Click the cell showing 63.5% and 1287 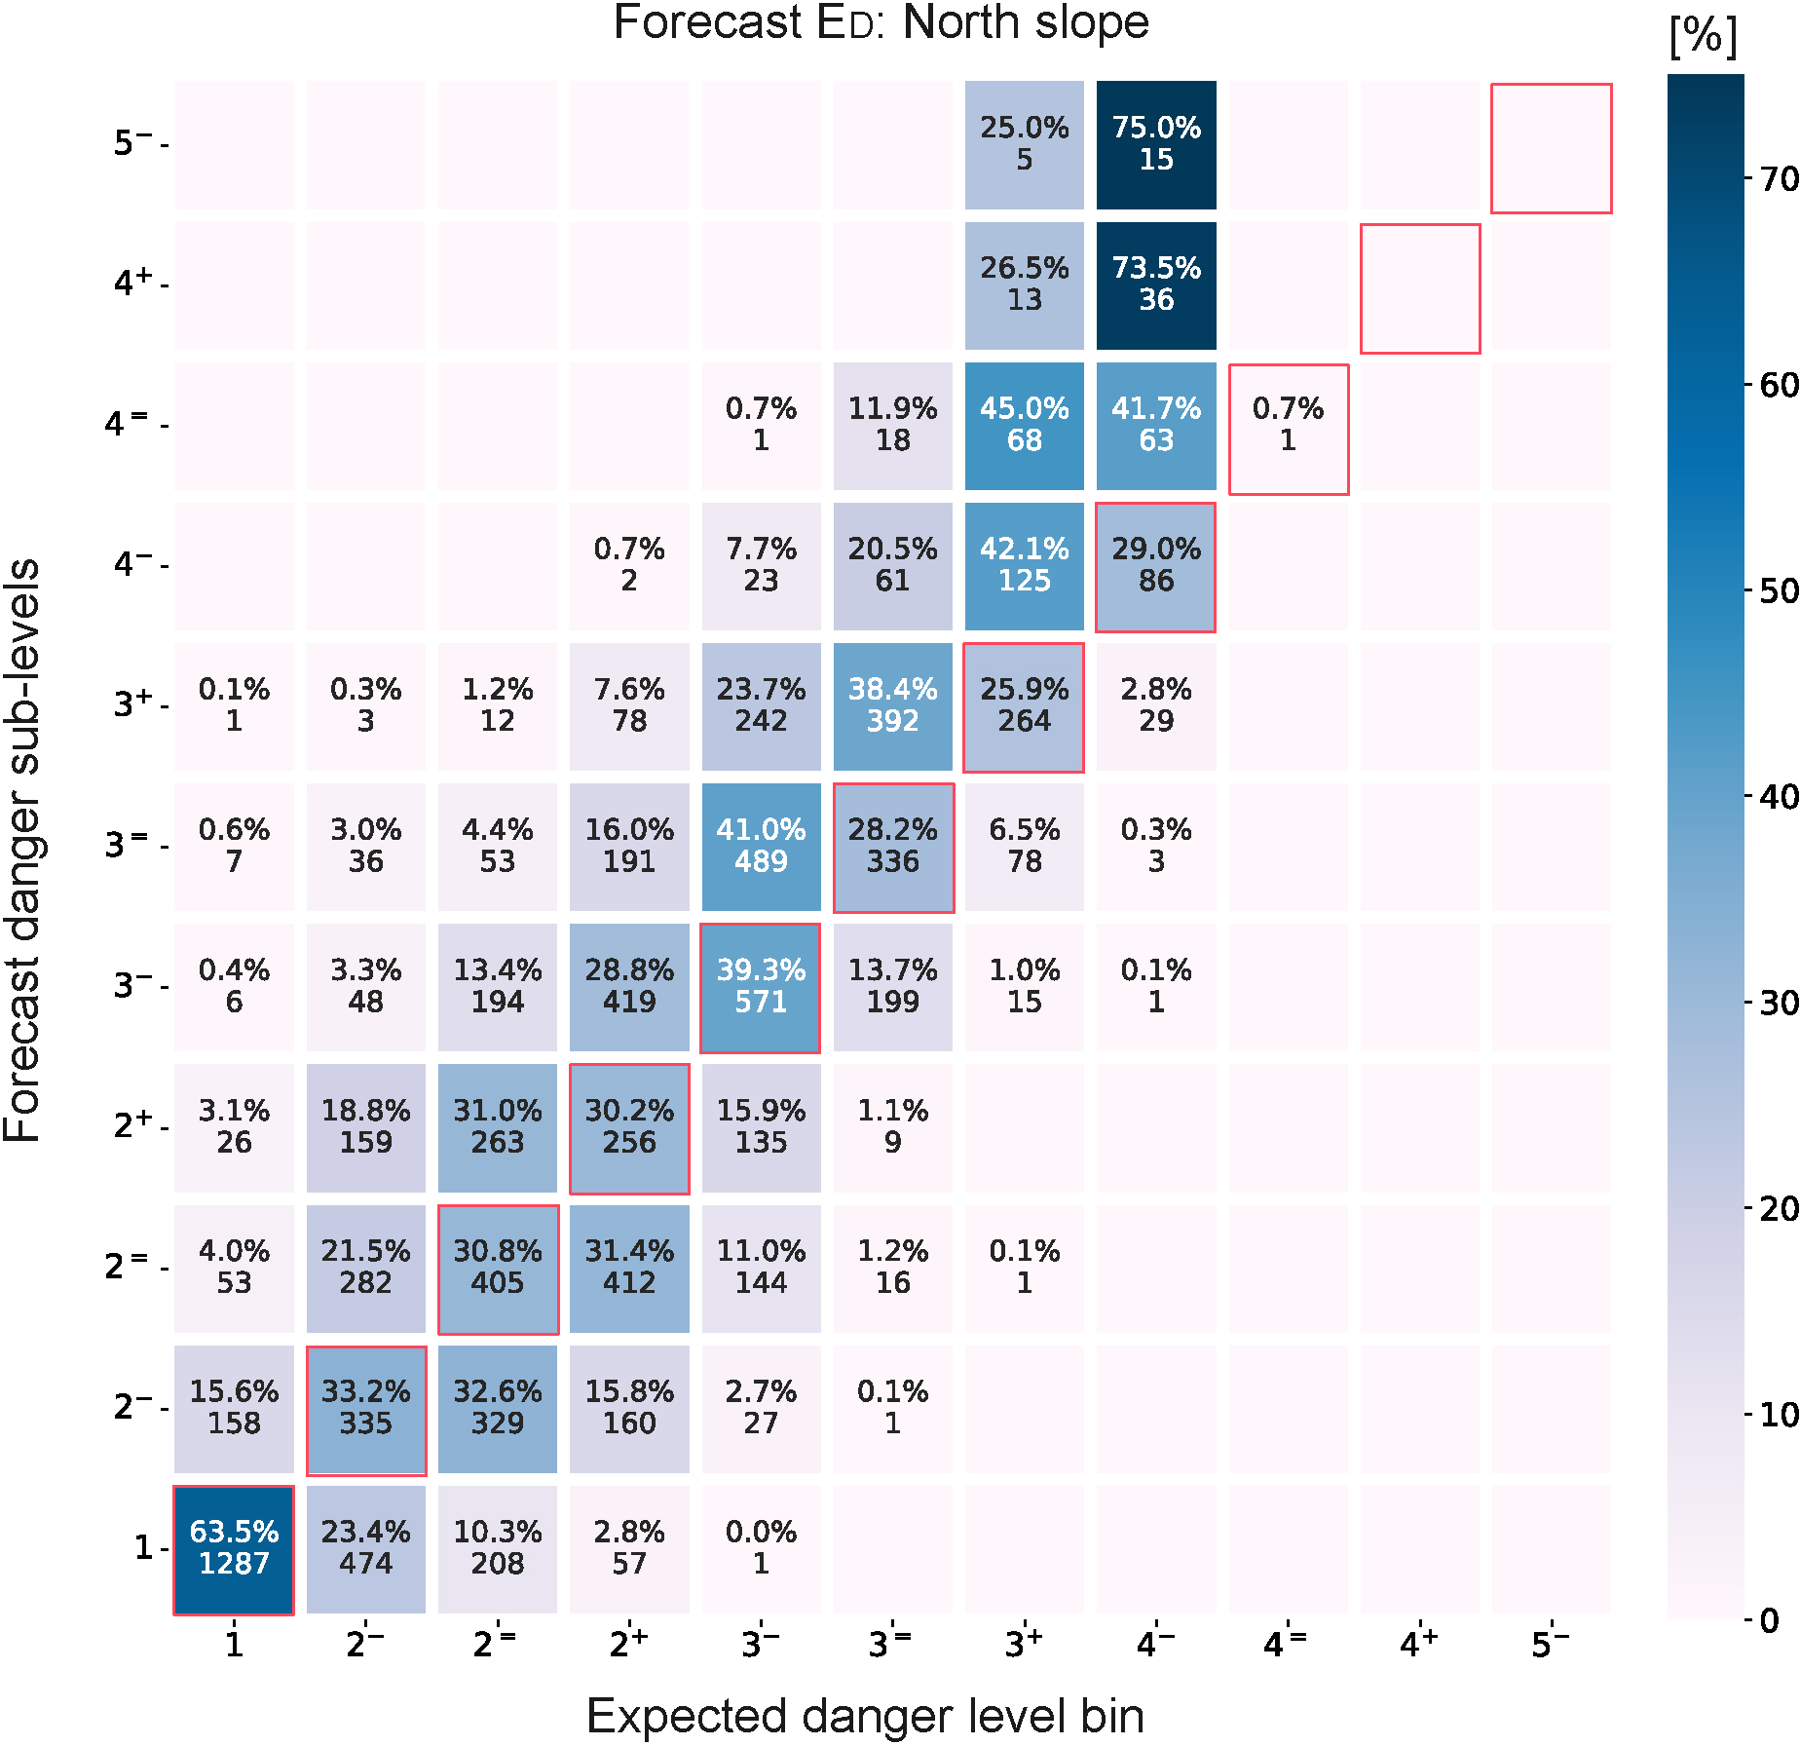coord(234,1548)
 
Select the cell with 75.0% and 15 coord(1156,144)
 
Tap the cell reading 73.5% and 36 coord(1156,285)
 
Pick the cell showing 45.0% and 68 coord(1025,425)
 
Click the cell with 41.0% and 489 coord(761,846)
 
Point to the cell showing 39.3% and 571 coord(761,987)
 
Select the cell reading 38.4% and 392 coord(892,705)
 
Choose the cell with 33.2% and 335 coord(366,1408)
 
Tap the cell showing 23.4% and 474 coord(366,1548)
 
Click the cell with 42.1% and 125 coord(1025,565)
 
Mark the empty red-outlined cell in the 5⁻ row coord(1551,148)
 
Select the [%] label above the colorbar coord(1703,37)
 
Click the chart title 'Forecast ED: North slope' coord(881,23)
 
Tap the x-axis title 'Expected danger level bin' coord(865,1716)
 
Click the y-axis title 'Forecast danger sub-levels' coord(23,850)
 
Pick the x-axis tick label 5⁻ coord(1550,1645)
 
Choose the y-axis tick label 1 coord(143,1547)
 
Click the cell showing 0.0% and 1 coord(761,1548)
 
